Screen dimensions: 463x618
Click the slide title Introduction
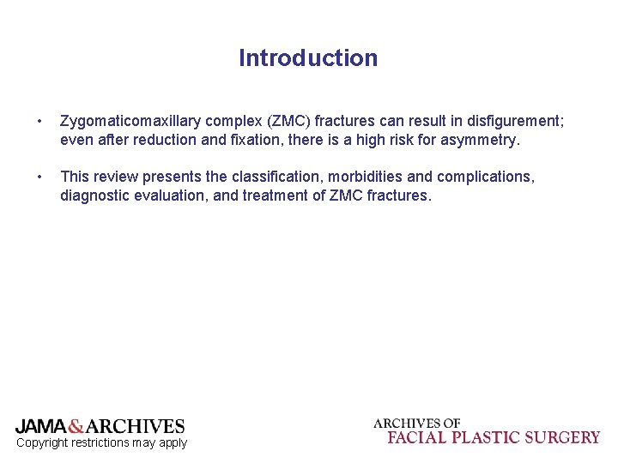click(x=308, y=58)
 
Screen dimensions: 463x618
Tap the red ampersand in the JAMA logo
click(x=76, y=426)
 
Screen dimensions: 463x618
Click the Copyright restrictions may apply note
click(x=101, y=442)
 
